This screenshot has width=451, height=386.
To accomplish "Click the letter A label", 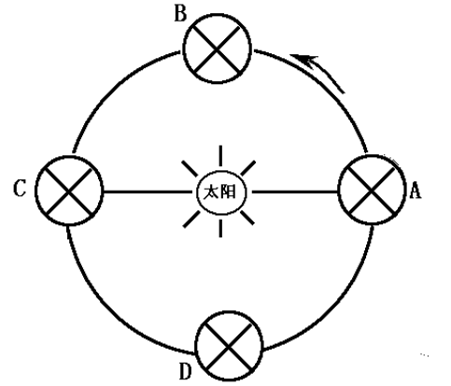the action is (x=416, y=190).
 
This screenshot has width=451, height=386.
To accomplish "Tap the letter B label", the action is (x=180, y=13).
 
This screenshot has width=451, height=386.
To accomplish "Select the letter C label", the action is (x=20, y=189).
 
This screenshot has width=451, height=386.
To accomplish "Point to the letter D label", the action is (x=185, y=371).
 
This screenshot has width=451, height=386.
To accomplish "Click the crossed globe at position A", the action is (x=372, y=190).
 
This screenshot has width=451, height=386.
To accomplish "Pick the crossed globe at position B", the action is (x=217, y=49).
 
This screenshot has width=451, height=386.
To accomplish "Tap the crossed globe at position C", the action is (x=69, y=191).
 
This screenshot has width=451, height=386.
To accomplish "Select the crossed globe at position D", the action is (x=229, y=346).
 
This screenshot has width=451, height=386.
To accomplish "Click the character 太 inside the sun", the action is (x=211, y=193).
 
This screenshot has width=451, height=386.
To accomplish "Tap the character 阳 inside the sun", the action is (x=228, y=192).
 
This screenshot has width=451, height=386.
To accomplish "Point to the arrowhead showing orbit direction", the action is (x=303, y=59).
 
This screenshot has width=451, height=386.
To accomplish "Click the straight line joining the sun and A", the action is (x=295, y=192).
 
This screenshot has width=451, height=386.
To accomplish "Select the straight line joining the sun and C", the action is (x=148, y=192).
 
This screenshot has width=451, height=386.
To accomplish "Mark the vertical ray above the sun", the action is (x=220, y=156).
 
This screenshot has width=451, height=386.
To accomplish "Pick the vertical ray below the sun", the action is (x=220, y=228).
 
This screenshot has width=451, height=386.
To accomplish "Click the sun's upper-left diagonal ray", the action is (x=190, y=168).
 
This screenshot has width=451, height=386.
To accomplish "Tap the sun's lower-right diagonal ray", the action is (x=247, y=218).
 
